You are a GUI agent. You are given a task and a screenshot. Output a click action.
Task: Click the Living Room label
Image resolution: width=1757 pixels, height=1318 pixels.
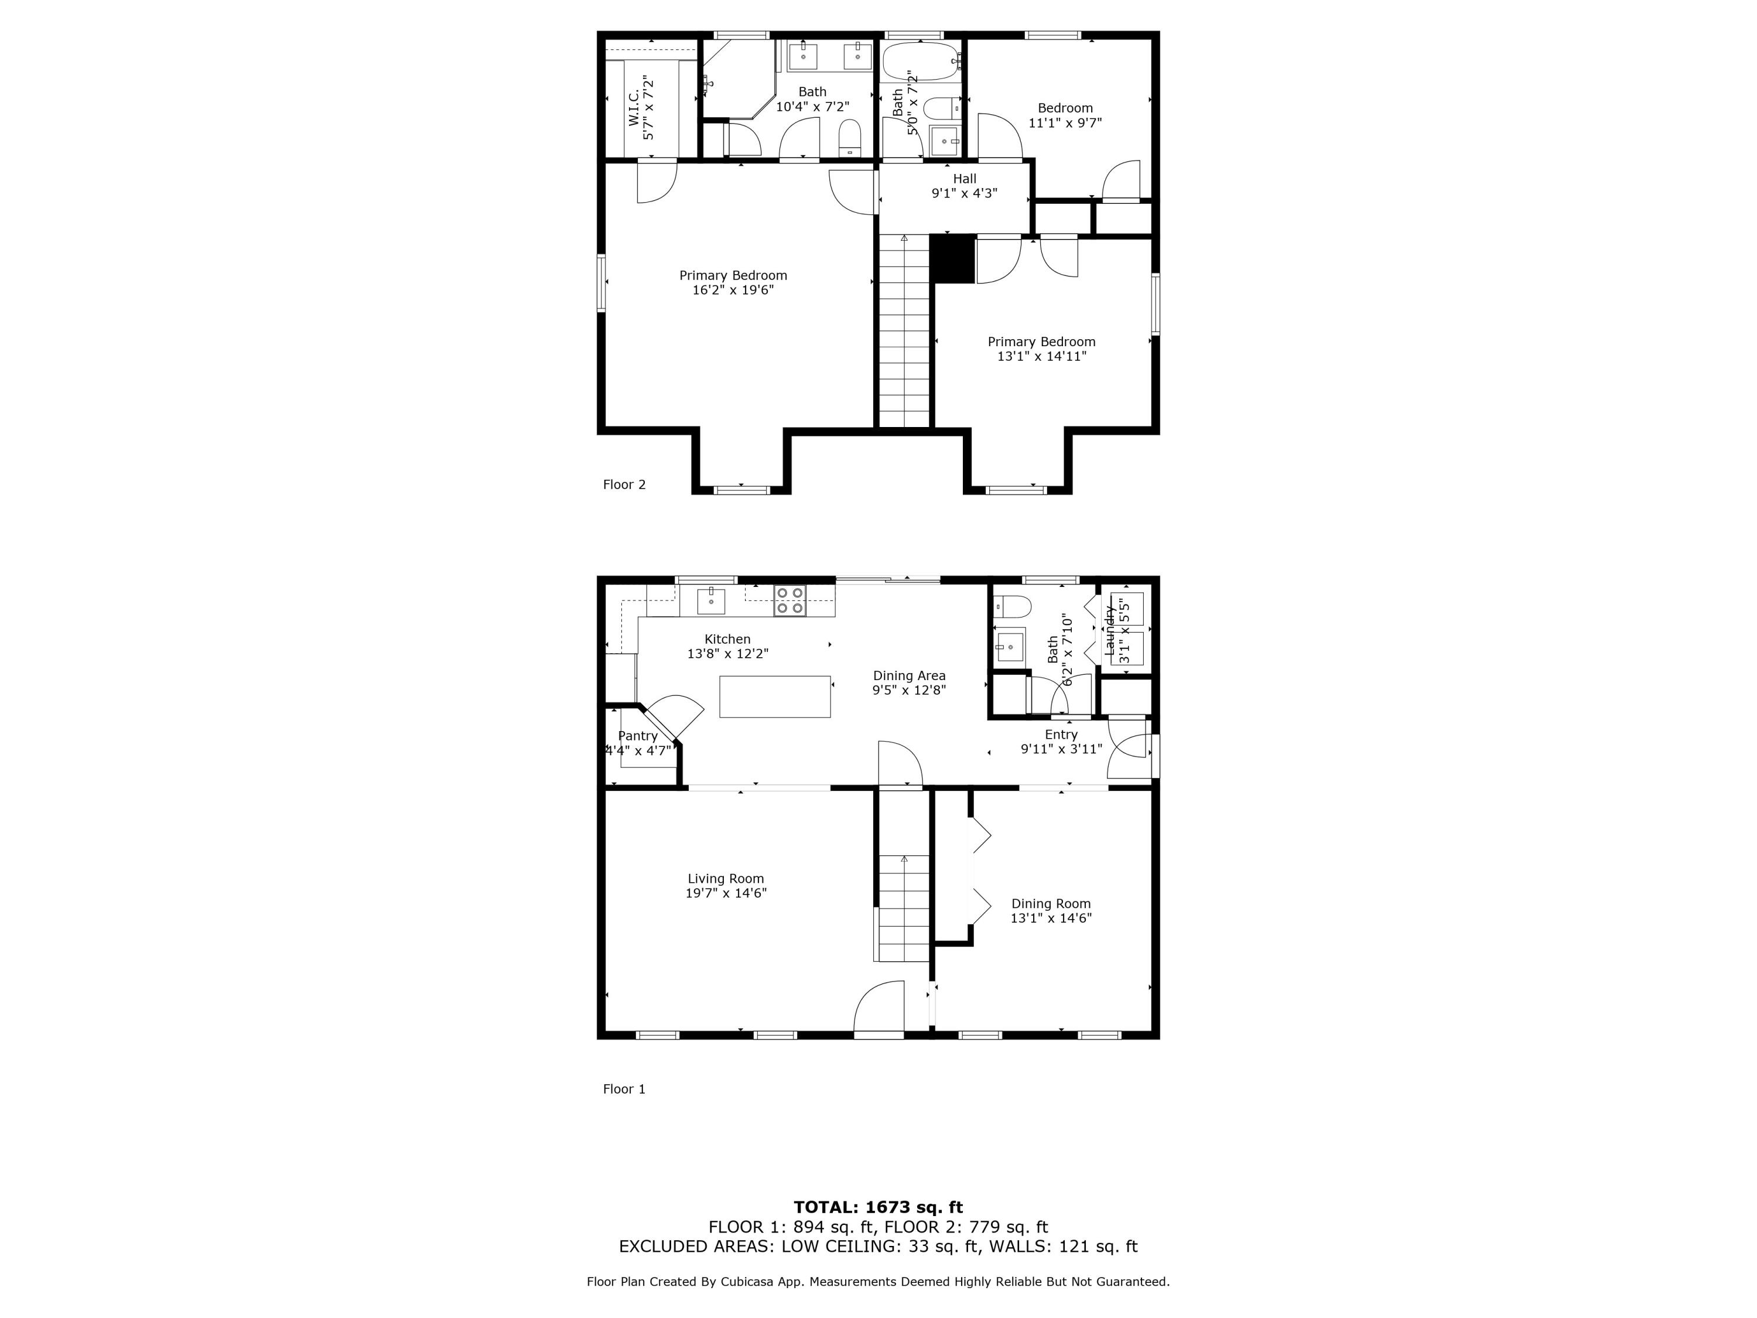click(725, 879)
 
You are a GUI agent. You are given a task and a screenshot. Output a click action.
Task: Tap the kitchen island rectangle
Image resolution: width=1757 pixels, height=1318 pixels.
click(774, 696)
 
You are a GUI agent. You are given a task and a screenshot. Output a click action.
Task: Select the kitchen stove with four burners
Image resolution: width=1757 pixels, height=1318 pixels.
click(789, 600)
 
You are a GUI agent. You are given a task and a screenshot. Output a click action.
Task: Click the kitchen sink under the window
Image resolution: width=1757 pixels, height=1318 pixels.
click(711, 602)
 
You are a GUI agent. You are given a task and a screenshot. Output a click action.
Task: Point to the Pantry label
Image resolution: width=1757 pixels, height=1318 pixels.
click(637, 736)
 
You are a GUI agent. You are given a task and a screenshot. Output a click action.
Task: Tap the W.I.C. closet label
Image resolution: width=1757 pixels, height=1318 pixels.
click(634, 107)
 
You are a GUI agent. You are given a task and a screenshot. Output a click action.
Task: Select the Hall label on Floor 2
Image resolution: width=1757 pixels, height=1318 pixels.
click(964, 179)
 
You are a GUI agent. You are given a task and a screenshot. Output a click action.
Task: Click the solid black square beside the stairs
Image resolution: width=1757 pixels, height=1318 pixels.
click(952, 258)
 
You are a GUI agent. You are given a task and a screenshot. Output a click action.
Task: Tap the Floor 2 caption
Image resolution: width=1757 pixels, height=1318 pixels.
click(624, 484)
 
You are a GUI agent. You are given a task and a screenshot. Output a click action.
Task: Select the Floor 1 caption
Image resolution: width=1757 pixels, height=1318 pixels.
click(624, 1089)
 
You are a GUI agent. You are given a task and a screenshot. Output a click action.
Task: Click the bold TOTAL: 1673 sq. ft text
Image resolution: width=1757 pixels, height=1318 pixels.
click(878, 1207)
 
